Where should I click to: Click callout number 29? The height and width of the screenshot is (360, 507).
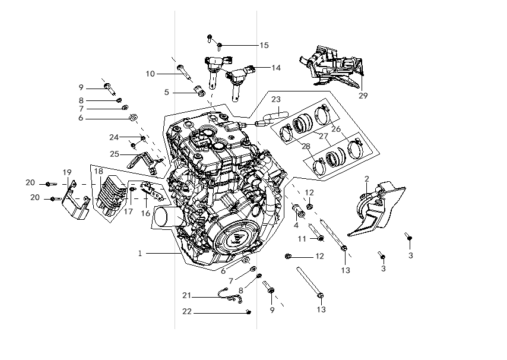pyautogui.click(x=363, y=95)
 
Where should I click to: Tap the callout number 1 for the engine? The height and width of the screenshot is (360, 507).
pyautogui.click(x=140, y=254)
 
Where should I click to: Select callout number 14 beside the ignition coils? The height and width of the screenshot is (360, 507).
pyautogui.click(x=276, y=68)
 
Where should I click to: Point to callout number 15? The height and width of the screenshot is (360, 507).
pyautogui.click(x=264, y=45)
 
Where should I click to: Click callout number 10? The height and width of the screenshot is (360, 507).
pyautogui.click(x=150, y=74)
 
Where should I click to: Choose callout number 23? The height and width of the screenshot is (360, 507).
pyautogui.click(x=276, y=99)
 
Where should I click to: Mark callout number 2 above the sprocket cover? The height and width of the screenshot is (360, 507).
pyautogui.click(x=367, y=179)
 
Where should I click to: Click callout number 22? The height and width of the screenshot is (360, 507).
pyautogui.click(x=187, y=311)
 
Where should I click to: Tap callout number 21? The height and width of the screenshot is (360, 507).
pyautogui.click(x=187, y=296)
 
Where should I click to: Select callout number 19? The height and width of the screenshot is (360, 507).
pyautogui.click(x=67, y=172)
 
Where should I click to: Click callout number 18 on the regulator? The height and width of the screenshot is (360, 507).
pyautogui.click(x=99, y=171)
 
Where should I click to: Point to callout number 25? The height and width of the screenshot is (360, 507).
pyautogui.click(x=114, y=154)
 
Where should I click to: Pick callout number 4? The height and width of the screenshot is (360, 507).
pyautogui.click(x=296, y=225)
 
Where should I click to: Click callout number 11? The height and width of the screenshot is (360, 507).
pyautogui.click(x=302, y=239)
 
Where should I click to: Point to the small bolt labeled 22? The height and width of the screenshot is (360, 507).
pyautogui.click(x=248, y=311)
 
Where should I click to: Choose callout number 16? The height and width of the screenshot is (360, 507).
pyautogui.click(x=145, y=213)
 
